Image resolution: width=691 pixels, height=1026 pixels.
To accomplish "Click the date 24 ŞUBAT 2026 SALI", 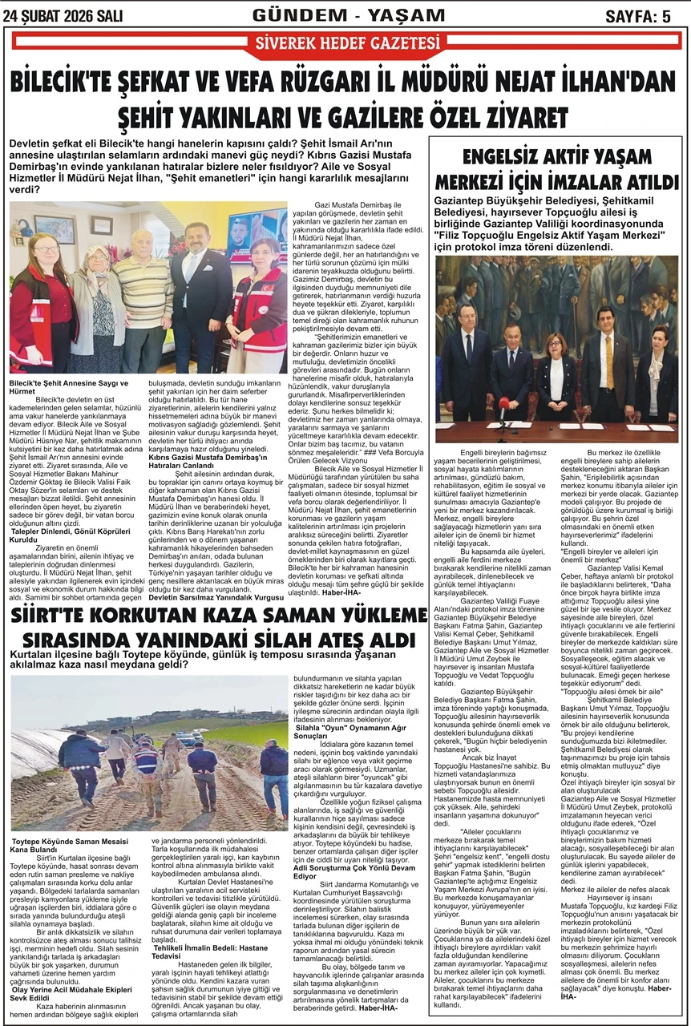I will pyautogui.click(x=59, y=16).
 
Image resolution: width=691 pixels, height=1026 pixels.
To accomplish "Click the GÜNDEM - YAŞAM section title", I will pyautogui.click(x=348, y=15).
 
